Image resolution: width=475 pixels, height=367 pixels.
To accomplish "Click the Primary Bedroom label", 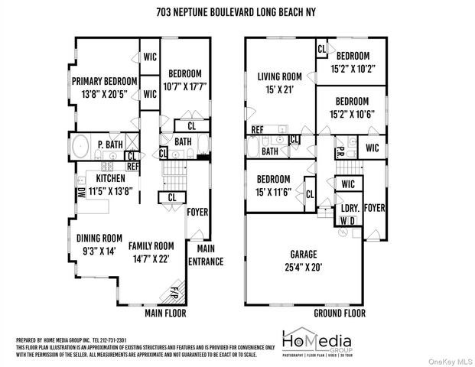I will point(104,81).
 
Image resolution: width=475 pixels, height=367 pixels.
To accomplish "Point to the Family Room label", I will point(151,246).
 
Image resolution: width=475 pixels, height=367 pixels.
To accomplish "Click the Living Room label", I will point(281,76).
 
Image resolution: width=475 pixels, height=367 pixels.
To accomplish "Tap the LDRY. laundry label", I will point(350,208).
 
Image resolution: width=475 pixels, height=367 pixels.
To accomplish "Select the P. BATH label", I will point(111,145).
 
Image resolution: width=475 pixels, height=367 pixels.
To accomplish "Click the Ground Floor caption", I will point(340,313).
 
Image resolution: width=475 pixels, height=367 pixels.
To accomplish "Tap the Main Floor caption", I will point(166,313).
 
